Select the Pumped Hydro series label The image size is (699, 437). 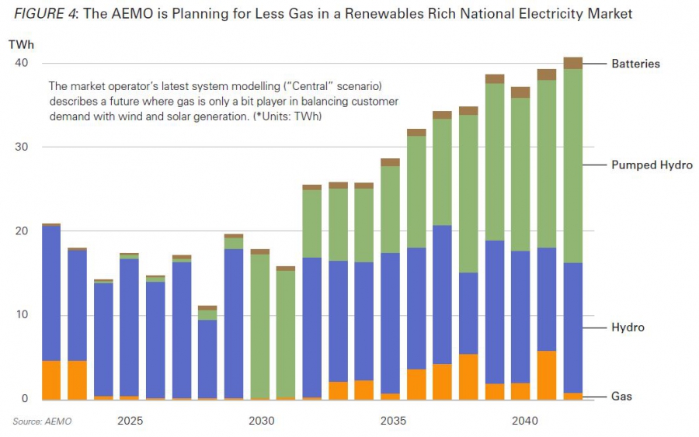[x=651, y=165]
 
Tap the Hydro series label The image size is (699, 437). [x=628, y=328]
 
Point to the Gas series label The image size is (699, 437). [x=621, y=397]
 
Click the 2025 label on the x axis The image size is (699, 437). [x=130, y=421]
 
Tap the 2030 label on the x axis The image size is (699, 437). [x=261, y=421]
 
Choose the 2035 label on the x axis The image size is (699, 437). [x=392, y=421]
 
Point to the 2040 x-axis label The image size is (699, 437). [x=524, y=421]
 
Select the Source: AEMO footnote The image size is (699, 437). [x=37, y=421]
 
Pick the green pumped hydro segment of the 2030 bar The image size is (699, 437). [x=261, y=326]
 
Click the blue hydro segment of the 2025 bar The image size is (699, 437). [x=130, y=326]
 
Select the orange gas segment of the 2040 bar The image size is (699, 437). [x=521, y=391]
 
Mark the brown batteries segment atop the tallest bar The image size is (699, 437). [x=573, y=63]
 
